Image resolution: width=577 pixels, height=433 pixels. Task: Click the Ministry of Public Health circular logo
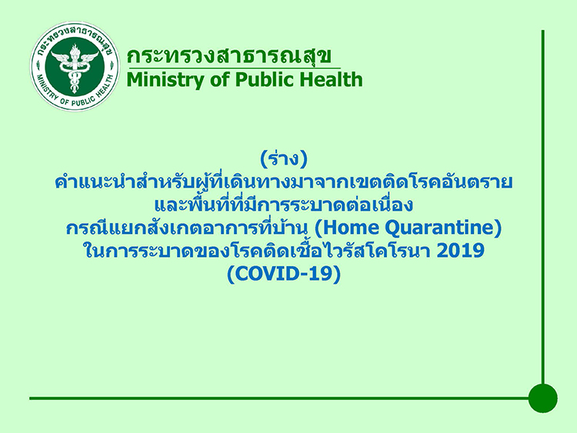[x=74, y=66]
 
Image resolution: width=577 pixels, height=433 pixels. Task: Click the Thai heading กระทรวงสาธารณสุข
[x=229, y=56]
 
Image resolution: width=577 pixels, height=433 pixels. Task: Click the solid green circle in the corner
[x=542, y=398]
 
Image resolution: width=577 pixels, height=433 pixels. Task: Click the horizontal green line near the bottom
[x=277, y=398]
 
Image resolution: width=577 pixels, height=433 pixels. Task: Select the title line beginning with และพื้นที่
[x=284, y=206]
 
